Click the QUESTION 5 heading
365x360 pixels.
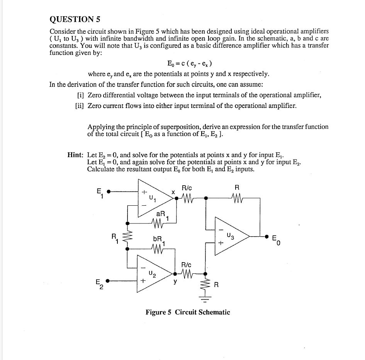pyautogui.click(x=75, y=19)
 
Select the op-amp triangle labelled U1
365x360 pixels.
pyautogui.click(x=153, y=198)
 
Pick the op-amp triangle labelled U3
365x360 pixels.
pyautogui.click(x=230, y=235)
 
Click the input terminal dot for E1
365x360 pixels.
pyautogui.click(x=109, y=191)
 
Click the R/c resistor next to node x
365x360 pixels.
pyautogui.click(x=187, y=198)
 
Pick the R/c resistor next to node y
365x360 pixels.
pyautogui.click(x=187, y=275)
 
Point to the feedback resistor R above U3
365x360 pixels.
pyautogui.click(x=238, y=198)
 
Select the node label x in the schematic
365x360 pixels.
pyautogui.click(x=173, y=192)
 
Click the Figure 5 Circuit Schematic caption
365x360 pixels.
pyautogui.click(x=188, y=312)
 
